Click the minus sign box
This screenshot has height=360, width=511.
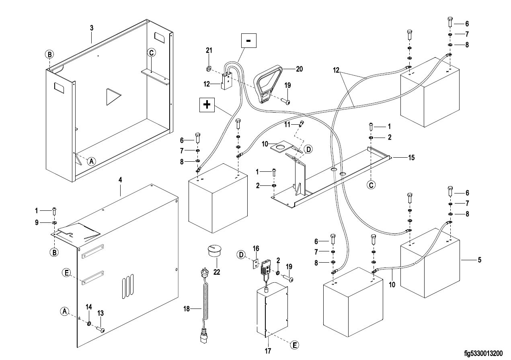[x=248, y=41]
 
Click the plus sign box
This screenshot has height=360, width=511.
[x=207, y=105]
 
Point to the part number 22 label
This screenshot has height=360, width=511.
[x=217, y=272]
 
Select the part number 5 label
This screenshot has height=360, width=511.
[x=479, y=260]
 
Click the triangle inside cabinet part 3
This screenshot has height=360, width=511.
[x=113, y=97]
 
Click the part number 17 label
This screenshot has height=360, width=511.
[x=268, y=351]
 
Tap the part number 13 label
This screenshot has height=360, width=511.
[x=101, y=313]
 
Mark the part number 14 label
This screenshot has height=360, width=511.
[x=89, y=307]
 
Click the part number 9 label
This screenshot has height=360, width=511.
[x=36, y=222]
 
